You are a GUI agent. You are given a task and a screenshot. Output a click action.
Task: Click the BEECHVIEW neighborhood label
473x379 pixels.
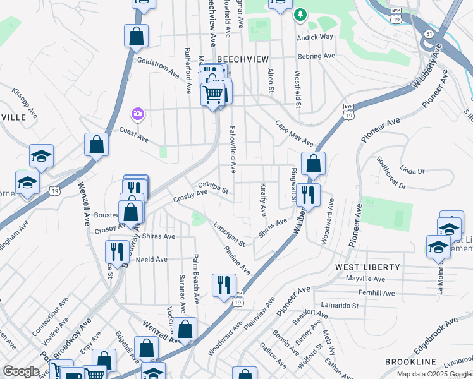tap(239, 58)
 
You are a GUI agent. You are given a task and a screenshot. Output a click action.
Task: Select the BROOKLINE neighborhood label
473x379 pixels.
tap(411, 362)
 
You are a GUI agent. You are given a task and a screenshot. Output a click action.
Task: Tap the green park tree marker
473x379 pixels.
tap(301, 15)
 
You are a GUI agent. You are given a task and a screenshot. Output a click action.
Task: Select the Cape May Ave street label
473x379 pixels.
tap(294, 133)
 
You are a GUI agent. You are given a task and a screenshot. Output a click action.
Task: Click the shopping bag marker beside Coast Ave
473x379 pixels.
tap(96, 145)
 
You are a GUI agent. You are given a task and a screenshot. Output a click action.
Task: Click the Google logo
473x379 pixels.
tap(21, 371)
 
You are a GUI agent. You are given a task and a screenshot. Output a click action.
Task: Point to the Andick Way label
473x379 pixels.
tap(316, 37)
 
